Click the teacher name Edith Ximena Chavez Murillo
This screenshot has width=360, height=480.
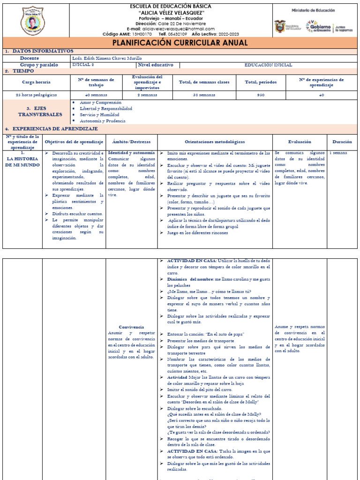tap(107, 58)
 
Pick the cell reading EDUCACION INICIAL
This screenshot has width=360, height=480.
tap(268, 65)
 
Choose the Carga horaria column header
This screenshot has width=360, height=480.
tap(36, 82)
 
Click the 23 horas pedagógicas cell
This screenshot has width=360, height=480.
tap(36, 95)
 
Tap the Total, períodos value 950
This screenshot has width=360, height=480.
tap(261, 95)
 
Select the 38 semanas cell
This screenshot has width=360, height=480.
tap(204, 95)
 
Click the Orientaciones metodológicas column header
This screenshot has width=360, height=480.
tap(215, 142)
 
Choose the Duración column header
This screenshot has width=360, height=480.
tap(342, 142)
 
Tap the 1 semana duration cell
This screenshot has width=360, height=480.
tap(338, 153)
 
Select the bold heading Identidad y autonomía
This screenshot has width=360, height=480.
tap(131, 153)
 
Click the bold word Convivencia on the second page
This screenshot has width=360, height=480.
tap(131, 327)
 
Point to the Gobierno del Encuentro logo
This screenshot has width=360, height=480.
tap(318, 26)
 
